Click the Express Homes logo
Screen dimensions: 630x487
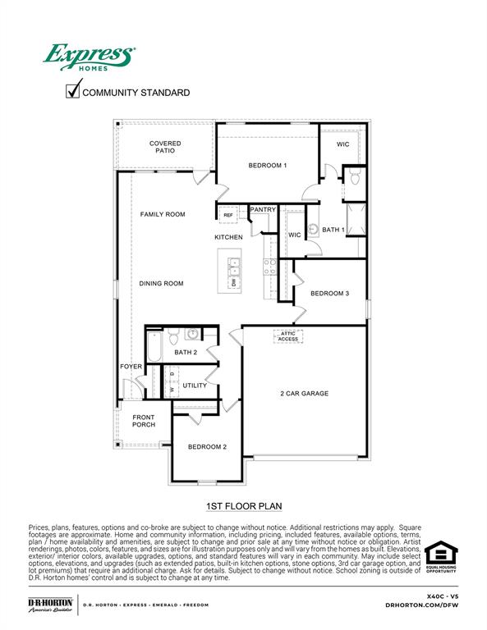coord(89,58)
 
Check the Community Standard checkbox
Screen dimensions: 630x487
coord(72,92)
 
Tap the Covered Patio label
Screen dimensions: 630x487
coord(165,148)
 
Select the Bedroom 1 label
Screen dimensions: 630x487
coord(267,166)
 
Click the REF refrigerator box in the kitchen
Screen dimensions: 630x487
coord(228,215)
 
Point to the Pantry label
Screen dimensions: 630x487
coord(263,210)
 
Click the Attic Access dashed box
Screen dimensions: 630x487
coord(288,336)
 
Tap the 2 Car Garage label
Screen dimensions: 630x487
coord(304,394)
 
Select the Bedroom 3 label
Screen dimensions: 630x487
coord(329,294)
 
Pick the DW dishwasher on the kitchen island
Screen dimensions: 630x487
coord(234,282)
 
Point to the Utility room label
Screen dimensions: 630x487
coord(195,386)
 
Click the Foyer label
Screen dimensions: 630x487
coord(131,367)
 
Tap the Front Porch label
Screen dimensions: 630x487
coord(144,422)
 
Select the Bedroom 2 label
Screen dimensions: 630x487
coord(207,447)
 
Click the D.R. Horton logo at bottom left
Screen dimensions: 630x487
coord(50,605)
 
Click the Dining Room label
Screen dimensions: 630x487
coord(161,284)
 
